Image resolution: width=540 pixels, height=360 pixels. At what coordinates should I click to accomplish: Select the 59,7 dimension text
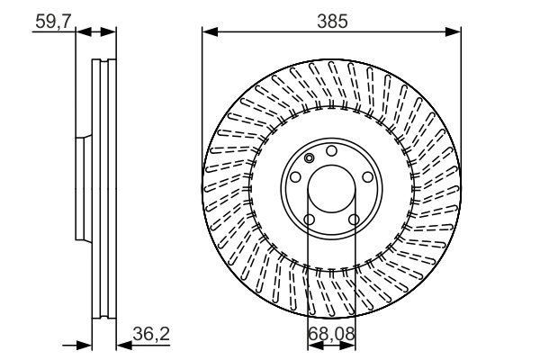52,18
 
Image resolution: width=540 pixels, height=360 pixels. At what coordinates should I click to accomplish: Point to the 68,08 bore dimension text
330,335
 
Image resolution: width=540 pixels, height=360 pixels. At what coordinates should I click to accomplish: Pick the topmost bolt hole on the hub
331,150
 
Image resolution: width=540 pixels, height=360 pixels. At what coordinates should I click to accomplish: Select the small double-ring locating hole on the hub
310,159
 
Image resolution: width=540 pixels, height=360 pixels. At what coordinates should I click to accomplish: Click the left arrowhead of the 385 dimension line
208,31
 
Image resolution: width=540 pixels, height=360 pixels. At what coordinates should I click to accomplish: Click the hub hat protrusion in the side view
78,189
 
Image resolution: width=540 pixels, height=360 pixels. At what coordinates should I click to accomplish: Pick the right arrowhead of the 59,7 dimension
111,31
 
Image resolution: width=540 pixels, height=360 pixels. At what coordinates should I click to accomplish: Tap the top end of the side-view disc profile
103,62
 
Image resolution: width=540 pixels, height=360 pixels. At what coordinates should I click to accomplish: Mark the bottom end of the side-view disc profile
103,316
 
